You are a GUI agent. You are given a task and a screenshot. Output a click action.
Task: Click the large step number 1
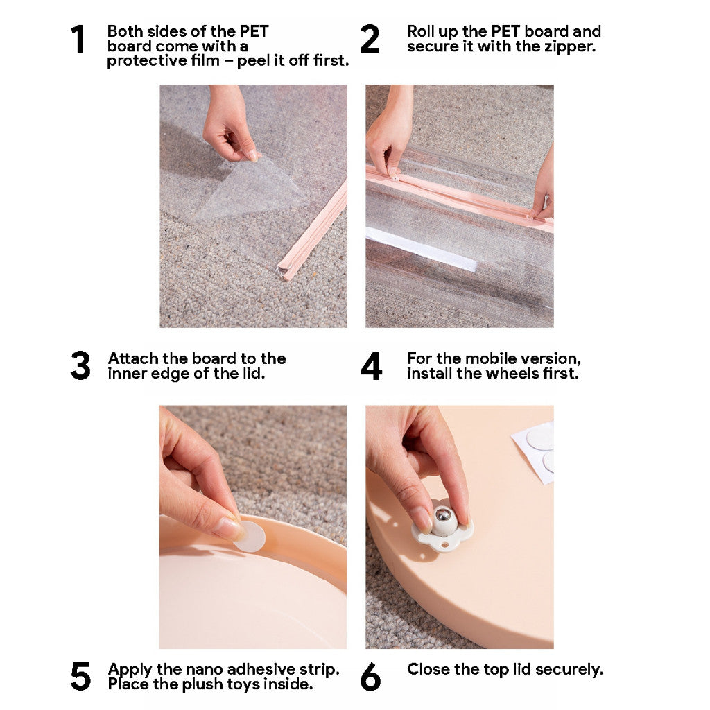click(x=78, y=39)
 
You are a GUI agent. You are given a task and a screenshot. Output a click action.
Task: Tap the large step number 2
click(x=370, y=39)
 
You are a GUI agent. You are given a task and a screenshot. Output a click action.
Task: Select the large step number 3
click(x=80, y=365)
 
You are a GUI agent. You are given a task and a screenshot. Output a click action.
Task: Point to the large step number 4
click(x=372, y=365)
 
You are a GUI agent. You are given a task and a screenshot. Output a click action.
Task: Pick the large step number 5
click(x=80, y=677)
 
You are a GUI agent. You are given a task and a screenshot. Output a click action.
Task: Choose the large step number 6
click(x=370, y=677)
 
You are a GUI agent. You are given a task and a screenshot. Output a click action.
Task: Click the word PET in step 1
click(x=254, y=31)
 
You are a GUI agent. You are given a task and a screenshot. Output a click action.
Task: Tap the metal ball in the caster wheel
click(x=442, y=515)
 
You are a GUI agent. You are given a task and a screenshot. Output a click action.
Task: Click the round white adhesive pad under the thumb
click(x=250, y=537)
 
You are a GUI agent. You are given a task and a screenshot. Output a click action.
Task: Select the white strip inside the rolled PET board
click(x=421, y=249)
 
